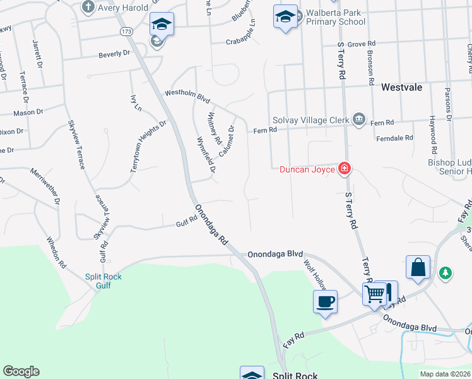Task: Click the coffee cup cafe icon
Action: [x=325, y=301]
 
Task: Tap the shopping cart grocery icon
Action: [x=374, y=293]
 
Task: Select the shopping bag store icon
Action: [x=418, y=267]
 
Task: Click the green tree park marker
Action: [x=446, y=272]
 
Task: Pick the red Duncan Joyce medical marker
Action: [x=345, y=168]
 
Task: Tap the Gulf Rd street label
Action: [x=187, y=221]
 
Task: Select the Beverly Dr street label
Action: [x=114, y=55]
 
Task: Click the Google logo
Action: [x=21, y=371]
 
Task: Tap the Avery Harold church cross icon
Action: [x=88, y=8]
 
